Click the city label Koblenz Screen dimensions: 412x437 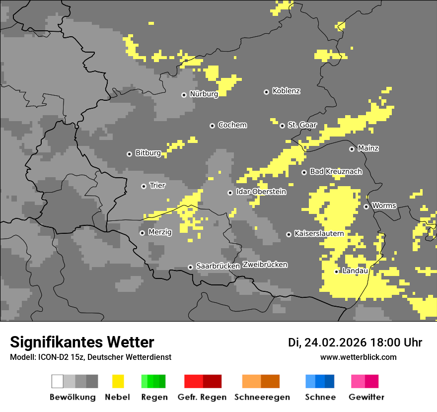coord(286,91)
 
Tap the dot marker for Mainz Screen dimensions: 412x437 coord(352,149)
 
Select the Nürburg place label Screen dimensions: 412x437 coord(204,94)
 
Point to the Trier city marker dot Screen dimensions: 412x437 coord(144,186)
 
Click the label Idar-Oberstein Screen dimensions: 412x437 coord(261,192)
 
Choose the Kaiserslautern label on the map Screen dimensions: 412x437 coord(319,233)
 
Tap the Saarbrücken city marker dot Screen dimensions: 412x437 coord(190,267)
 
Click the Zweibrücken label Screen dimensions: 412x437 coord(265,265)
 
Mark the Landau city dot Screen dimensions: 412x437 coord(336,272)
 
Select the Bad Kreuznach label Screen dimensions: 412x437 coord(336,171)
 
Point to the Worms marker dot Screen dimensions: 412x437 coord(366,206)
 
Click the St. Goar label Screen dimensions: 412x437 coord(302,125)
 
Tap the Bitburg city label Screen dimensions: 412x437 coord(148,153)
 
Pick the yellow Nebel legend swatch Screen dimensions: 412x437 coord(118,381)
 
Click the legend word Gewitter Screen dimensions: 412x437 coord(366,397)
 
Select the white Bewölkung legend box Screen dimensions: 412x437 coord(58,381)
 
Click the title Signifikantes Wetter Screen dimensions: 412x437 coord(82,342)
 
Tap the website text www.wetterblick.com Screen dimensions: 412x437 coord(358,357)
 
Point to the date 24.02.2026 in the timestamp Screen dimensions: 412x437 coord(335,343)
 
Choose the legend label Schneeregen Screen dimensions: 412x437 coord(262,397)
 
